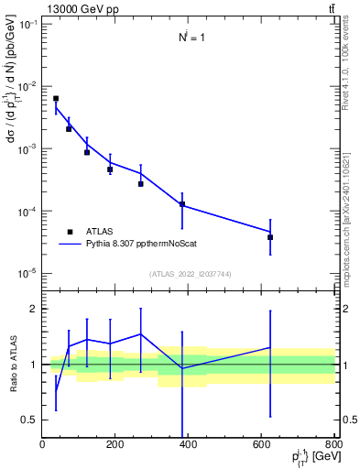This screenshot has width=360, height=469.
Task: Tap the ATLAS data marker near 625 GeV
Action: coord(270,237)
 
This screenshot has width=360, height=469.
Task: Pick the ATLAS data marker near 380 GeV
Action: coord(182,204)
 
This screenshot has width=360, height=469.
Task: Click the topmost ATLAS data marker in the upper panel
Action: coord(56,99)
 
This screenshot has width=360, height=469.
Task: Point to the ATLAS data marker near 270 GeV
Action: coord(141,184)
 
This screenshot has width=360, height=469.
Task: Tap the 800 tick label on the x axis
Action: coord(333,446)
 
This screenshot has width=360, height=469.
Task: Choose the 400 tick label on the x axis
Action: coord(188,446)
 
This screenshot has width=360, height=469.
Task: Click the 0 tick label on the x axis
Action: coord(42,446)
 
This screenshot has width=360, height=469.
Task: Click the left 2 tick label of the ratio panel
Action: coord(34,309)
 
